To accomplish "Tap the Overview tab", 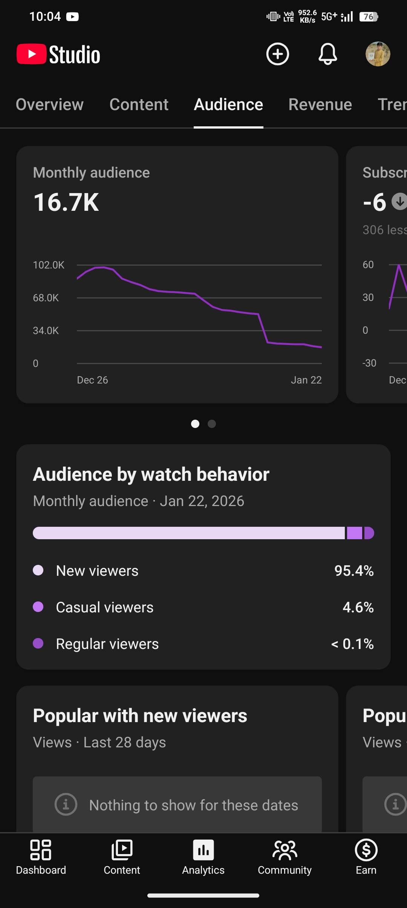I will pyautogui.click(x=49, y=104).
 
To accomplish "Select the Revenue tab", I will pyautogui.click(x=320, y=104).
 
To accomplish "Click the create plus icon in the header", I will pyautogui.click(x=278, y=54).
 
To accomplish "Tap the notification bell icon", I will pyautogui.click(x=327, y=54).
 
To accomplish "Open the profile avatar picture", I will pyautogui.click(x=378, y=54).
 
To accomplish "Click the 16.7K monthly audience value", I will pyautogui.click(x=66, y=202).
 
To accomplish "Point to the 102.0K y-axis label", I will pyautogui.click(x=49, y=265).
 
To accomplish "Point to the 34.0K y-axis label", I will pyautogui.click(x=46, y=331).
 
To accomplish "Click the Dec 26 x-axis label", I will pyautogui.click(x=92, y=380).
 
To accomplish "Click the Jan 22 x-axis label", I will pyautogui.click(x=306, y=380).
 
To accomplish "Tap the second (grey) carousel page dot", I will pyautogui.click(x=212, y=424).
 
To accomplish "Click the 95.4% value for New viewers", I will pyautogui.click(x=354, y=571).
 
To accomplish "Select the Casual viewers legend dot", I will pyautogui.click(x=38, y=607).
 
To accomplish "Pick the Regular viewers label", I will pyautogui.click(x=107, y=644).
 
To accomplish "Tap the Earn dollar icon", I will pyautogui.click(x=366, y=850).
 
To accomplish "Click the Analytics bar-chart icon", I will pyautogui.click(x=203, y=850).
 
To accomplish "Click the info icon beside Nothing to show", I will pyautogui.click(x=66, y=804).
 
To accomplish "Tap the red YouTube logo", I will pyautogui.click(x=32, y=54).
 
